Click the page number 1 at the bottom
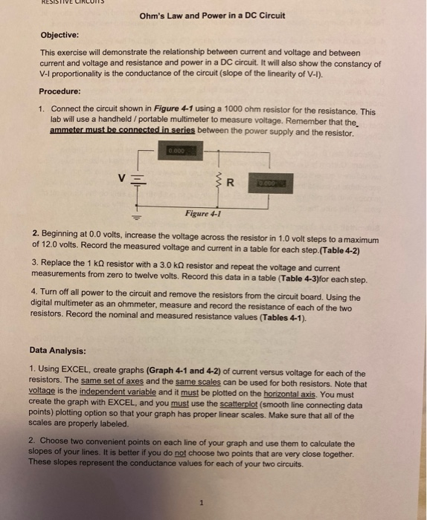(x=201, y=503)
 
